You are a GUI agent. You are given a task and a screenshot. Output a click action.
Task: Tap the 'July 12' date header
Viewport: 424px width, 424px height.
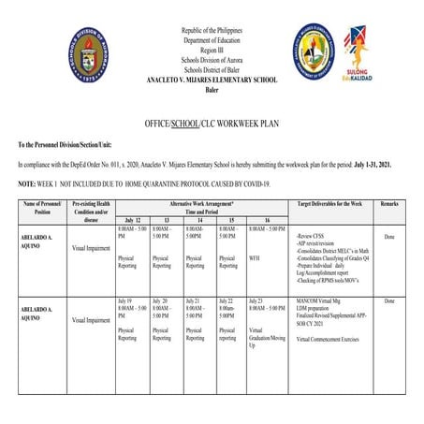tap(133, 219)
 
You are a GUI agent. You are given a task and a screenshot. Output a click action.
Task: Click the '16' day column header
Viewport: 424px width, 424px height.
tap(267, 219)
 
